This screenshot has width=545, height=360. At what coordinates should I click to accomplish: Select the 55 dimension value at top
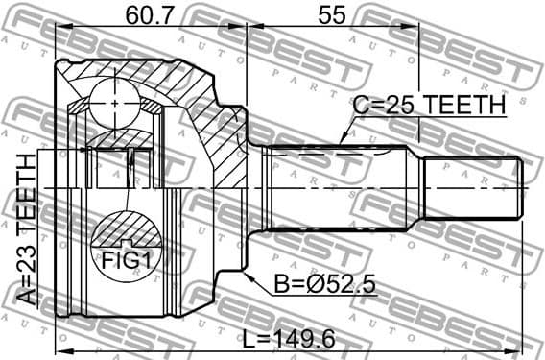pyautogui.click(x=331, y=16)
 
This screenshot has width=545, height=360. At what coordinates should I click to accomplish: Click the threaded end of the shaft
pyautogui.click(x=474, y=188)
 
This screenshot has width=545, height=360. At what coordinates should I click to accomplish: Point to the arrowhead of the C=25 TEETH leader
pyautogui.click(x=340, y=145)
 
